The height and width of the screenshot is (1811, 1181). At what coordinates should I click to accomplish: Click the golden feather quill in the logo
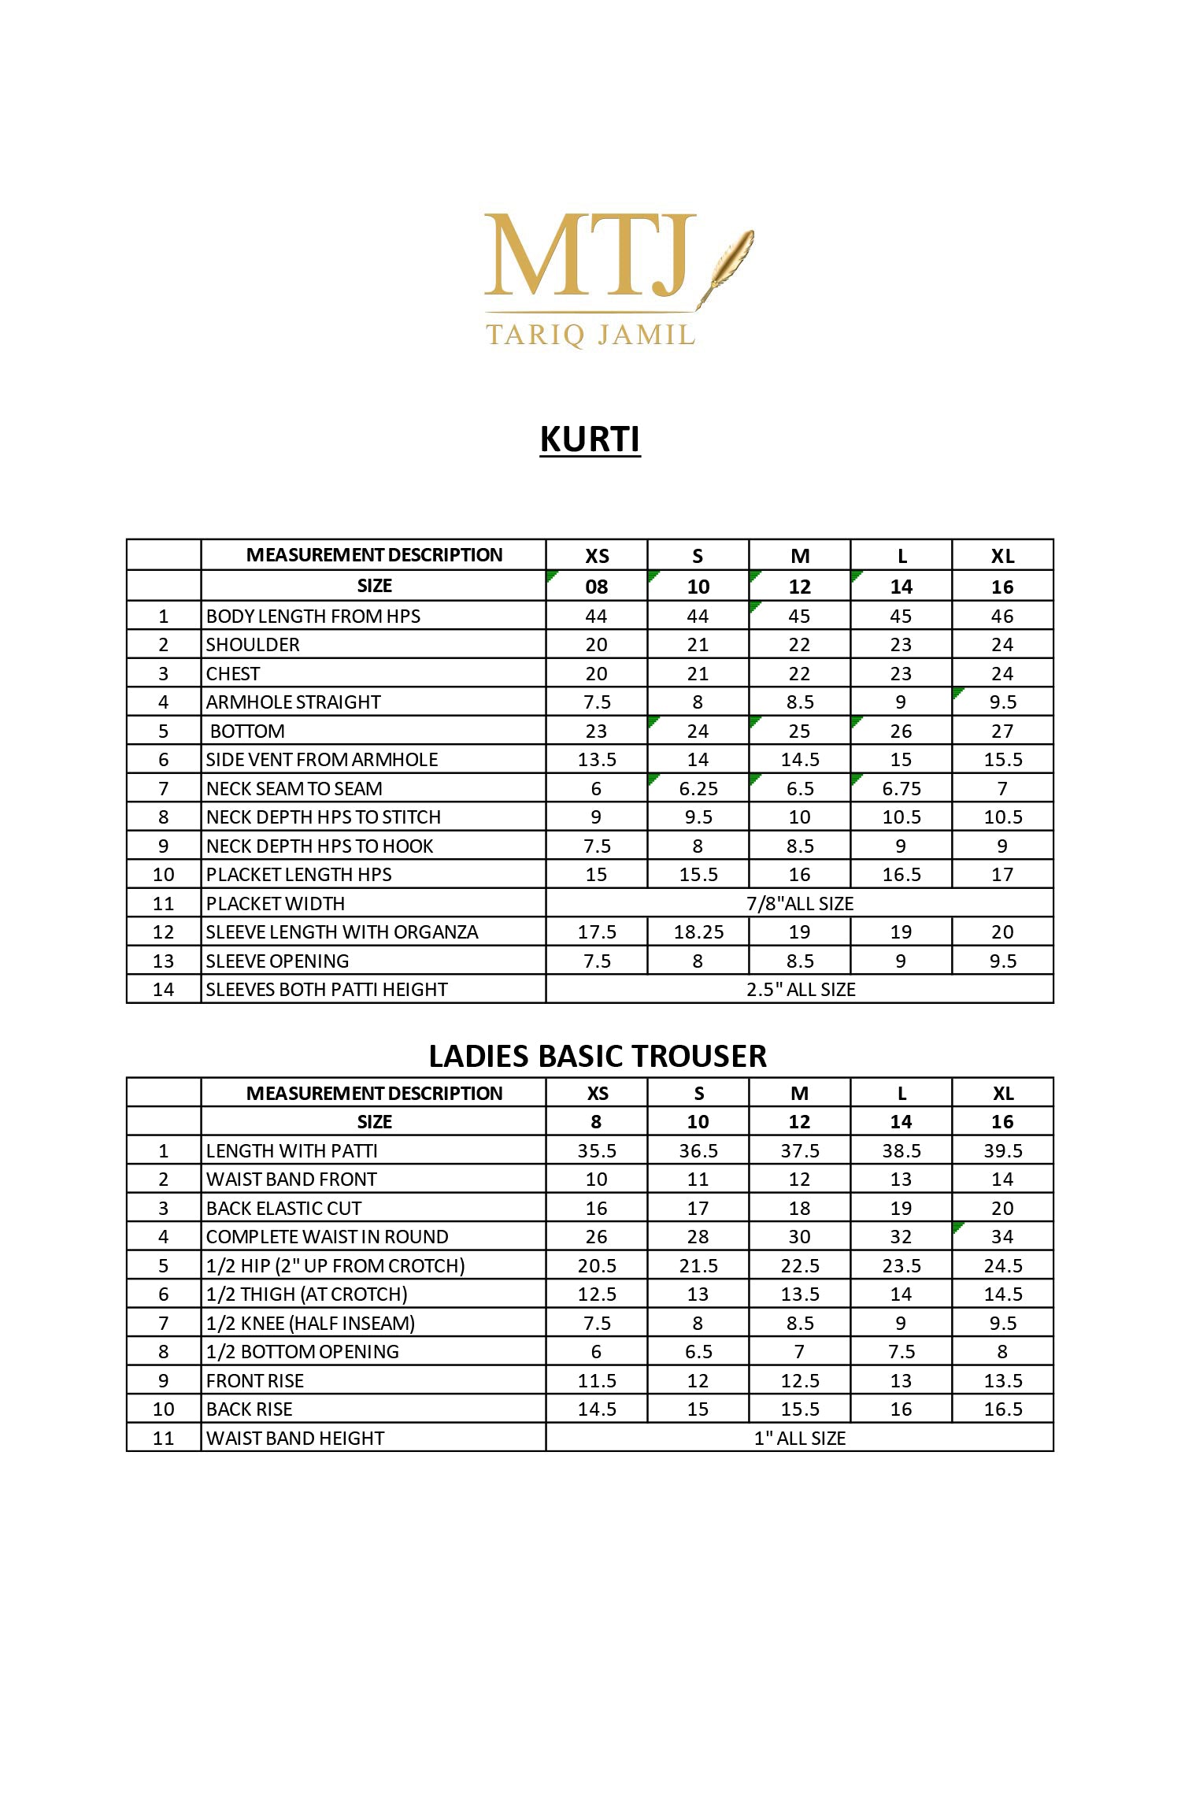pyautogui.click(x=728, y=264)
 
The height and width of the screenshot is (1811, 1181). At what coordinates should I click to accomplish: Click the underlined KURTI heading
pyautogui.click(x=590, y=439)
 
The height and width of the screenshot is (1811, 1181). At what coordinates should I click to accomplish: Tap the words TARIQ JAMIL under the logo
pyautogui.click(x=590, y=335)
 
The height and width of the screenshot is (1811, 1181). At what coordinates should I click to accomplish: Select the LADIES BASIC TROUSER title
pyautogui.click(x=598, y=1056)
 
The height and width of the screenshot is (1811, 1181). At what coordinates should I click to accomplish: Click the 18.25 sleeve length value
pyautogui.click(x=698, y=932)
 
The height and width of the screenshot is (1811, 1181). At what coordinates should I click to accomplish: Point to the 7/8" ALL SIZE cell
pyautogui.click(x=799, y=903)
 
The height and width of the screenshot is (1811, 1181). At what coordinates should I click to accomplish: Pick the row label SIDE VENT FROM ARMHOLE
pyautogui.click(x=322, y=760)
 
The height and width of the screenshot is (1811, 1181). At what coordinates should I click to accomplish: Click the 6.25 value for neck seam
pyautogui.click(x=698, y=789)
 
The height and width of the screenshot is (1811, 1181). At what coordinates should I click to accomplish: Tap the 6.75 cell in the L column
pyautogui.click(x=901, y=789)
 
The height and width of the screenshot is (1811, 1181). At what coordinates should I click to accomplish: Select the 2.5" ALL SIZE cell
pyautogui.click(x=800, y=990)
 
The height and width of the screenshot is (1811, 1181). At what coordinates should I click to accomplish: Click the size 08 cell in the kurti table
pyautogui.click(x=597, y=587)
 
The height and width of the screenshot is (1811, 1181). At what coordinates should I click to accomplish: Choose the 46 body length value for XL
pyautogui.click(x=1002, y=617)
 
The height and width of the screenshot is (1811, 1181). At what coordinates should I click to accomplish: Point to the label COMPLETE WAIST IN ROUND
pyautogui.click(x=327, y=1237)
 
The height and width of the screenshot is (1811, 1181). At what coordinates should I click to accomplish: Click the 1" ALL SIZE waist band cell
pyautogui.click(x=799, y=1439)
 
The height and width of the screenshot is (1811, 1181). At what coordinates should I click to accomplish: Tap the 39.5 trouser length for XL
pyautogui.click(x=1002, y=1151)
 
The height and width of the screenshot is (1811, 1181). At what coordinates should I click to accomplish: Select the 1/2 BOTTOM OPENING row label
pyautogui.click(x=302, y=1352)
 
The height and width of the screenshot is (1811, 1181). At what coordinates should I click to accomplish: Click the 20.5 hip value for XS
pyautogui.click(x=597, y=1266)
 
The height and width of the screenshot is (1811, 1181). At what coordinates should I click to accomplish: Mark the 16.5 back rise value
pyautogui.click(x=1002, y=1409)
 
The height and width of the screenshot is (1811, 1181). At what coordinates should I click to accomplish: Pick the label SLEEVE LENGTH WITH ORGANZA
pyautogui.click(x=342, y=932)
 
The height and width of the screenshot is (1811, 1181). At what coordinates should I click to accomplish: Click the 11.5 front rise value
pyautogui.click(x=597, y=1381)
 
